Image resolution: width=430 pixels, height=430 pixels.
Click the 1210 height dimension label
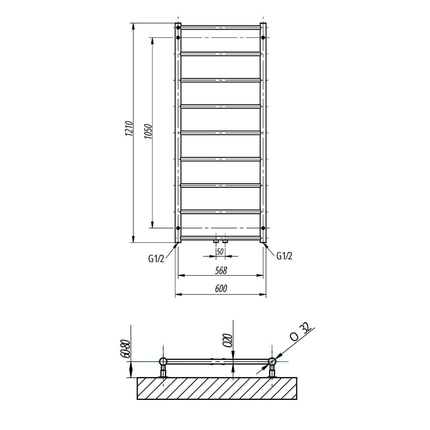click(129, 129)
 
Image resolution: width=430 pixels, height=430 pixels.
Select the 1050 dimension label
click(148, 132)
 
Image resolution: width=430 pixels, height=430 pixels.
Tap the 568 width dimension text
click(221, 271)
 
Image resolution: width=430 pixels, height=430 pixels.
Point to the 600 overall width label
click(221, 288)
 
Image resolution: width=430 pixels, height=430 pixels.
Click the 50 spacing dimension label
click(220, 252)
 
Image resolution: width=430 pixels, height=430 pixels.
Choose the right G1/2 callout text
click(284, 256)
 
